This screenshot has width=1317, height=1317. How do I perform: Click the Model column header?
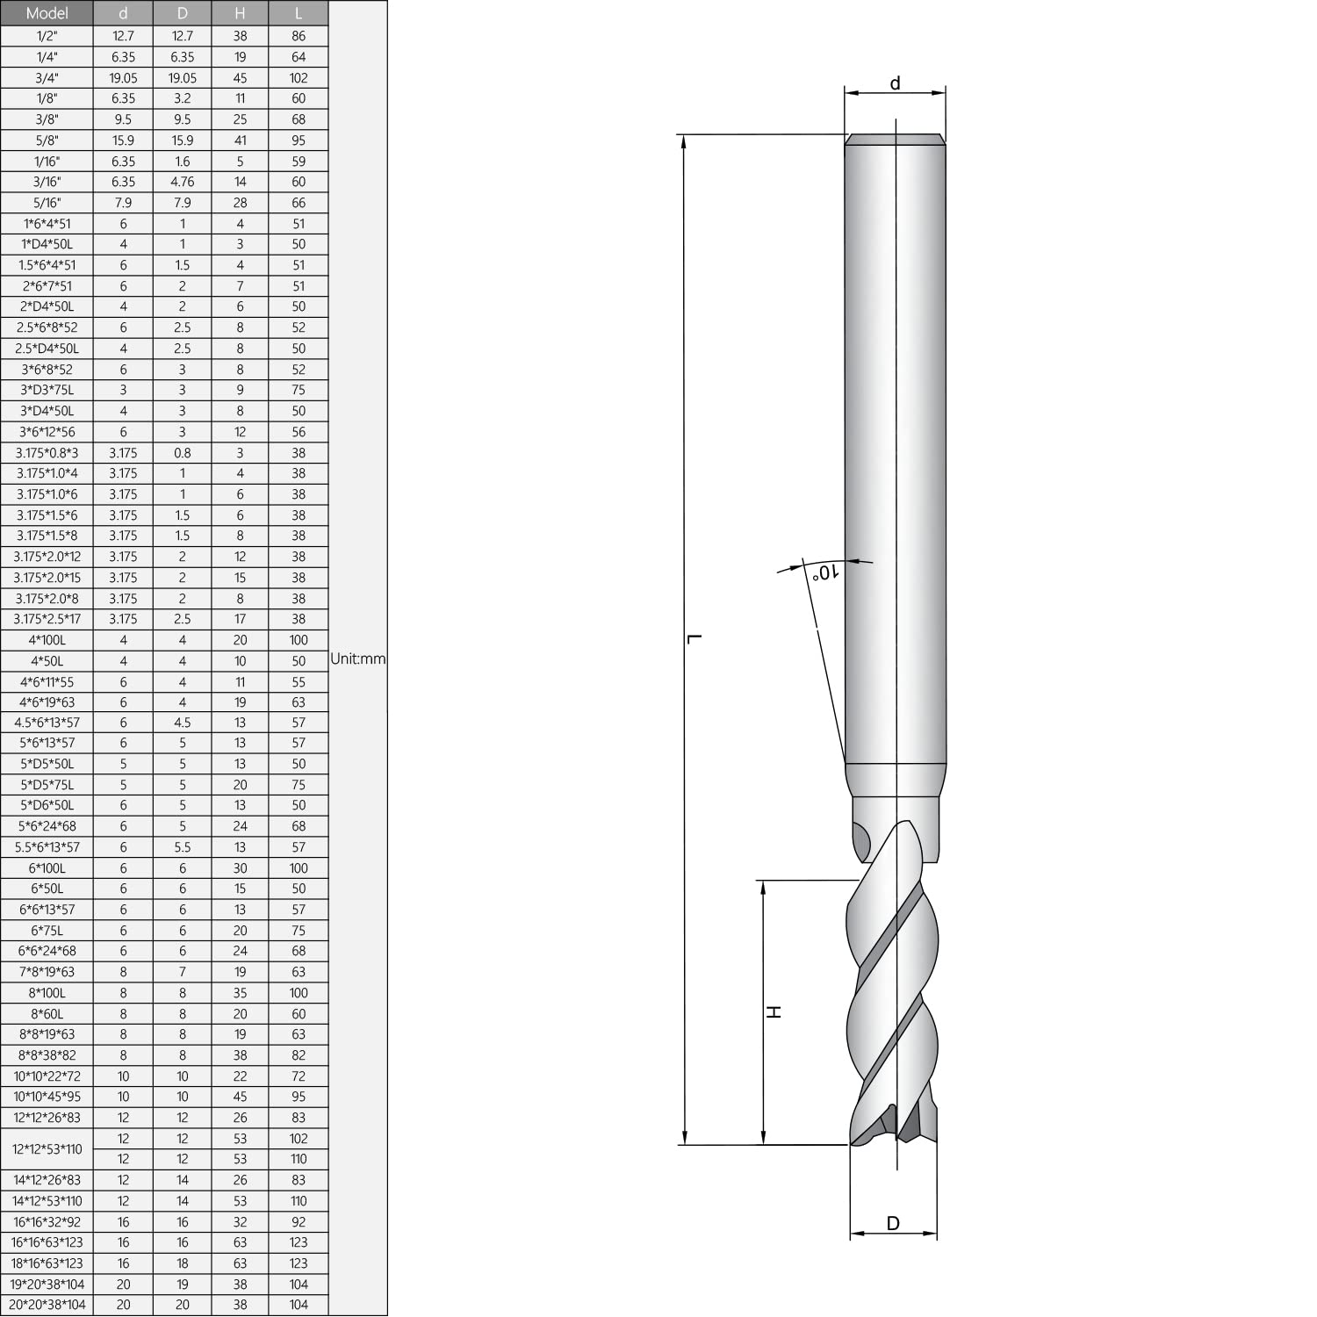[x=47, y=13]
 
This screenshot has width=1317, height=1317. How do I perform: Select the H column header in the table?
[x=240, y=13]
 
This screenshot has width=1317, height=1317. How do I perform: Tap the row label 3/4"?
[x=47, y=78]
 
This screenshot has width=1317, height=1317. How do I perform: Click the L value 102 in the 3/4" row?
[x=299, y=78]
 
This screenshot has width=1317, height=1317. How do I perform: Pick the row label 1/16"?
[x=47, y=162]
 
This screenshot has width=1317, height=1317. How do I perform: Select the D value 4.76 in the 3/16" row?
[x=183, y=182]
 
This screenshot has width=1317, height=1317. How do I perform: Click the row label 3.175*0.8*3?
[x=47, y=453]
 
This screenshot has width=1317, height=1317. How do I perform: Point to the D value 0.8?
[x=183, y=453]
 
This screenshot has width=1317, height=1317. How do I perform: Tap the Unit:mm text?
[x=357, y=658]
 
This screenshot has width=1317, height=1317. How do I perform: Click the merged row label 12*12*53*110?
[x=47, y=1148]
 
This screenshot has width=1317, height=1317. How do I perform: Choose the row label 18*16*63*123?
[x=47, y=1263]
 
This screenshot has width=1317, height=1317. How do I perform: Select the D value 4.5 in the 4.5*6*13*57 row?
[x=183, y=723]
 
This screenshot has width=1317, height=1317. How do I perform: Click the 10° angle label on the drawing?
[x=825, y=572]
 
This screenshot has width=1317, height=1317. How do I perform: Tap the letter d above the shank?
[x=895, y=83]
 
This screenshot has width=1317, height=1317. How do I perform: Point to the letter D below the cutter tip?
[x=893, y=1223]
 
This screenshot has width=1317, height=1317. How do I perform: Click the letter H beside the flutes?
[x=774, y=1012]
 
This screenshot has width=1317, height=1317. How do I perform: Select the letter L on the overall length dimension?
[x=694, y=638]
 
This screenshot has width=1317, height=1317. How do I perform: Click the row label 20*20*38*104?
[x=47, y=1305]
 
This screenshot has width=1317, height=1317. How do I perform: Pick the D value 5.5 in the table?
[x=183, y=847]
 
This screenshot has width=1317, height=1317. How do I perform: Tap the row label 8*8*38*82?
[x=47, y=1055]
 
